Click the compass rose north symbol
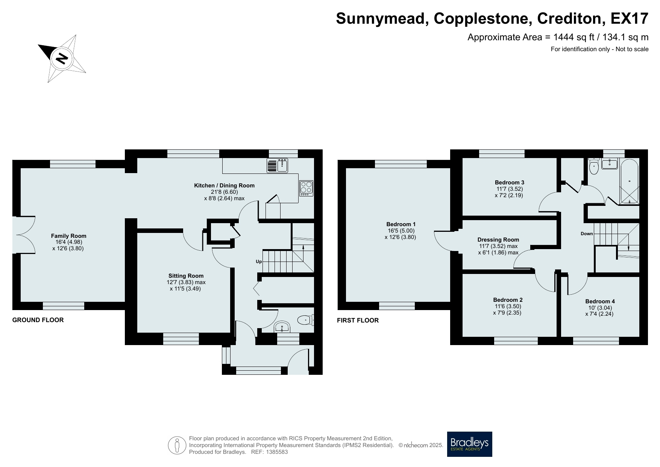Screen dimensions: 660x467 [x=61, y=59]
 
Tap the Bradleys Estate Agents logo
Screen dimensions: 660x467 [x=469, y=444]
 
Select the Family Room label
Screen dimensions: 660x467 [x=69, y=236]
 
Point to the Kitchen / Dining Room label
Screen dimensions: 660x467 [x=224, y=186]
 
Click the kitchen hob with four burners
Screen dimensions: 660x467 [x=306, y=188]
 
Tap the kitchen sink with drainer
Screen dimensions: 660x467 [x=277, y=165]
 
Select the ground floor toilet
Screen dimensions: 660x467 [x=305, y=320]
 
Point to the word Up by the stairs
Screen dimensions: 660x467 [x=259, y=261]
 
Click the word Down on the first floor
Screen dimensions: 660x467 [x=587, y=234]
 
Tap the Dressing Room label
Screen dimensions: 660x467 [x=498, y=240]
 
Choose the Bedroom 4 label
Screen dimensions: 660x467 [x=600, y=301]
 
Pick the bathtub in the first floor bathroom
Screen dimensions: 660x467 [x=629, y=182]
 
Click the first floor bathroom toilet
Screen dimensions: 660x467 [x=594, y=167]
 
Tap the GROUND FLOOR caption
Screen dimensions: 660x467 [x=38, y=320]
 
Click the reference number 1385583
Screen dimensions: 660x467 [x=276, y=452]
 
